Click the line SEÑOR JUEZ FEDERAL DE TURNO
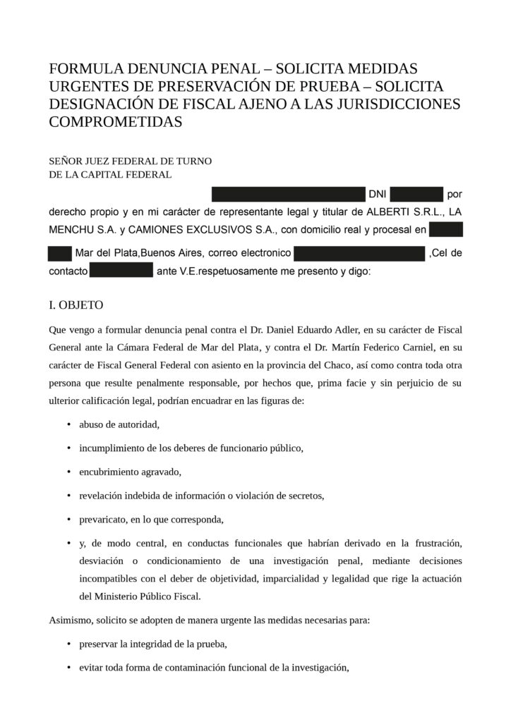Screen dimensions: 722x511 pyautogui.click(x=131, y=161)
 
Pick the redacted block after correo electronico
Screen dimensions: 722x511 pyautogui.click(x=359, y=253)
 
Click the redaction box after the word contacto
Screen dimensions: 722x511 pyautogui.click(x=121, y=271)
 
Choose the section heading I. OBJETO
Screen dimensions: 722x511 pyautogui.click(x=76, y=305)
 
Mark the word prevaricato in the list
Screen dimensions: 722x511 pyautogui.click(x=102, y=520)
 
